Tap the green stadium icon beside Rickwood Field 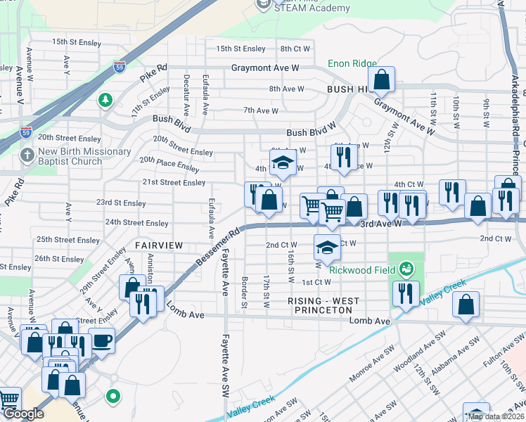click(x=405, y=268)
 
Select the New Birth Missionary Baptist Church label click(x=75, y=156)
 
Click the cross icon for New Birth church click(x=27, y=155)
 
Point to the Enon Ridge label click(x=352, y=64)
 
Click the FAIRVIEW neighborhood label click(x=159, y=245)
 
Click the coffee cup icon click(x=101, y=340)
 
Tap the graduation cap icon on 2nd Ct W click(x=326, y=247)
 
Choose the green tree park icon click(x=105, y=101)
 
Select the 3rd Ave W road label click(x=380, y=223)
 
